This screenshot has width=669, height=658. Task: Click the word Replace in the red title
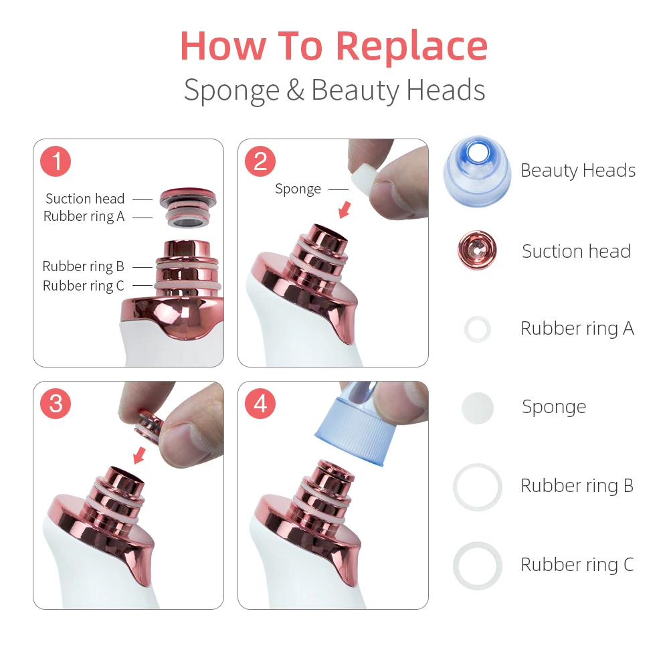pos(411,48)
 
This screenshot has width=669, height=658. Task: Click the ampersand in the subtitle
pos(295,90)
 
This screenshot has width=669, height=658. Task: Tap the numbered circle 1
pos(56,161)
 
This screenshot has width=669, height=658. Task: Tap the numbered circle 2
pos(260,161)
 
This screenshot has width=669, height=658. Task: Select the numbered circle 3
pos(56,404)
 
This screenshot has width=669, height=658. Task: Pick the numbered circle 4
pos(260,404)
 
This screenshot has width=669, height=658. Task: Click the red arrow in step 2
pos(345,210)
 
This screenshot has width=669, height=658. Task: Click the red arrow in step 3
pos(140,455)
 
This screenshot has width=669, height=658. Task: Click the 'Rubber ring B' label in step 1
pos(83,266)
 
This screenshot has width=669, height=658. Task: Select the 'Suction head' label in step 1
pos(85,199)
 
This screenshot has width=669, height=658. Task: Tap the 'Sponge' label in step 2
pos(298,189)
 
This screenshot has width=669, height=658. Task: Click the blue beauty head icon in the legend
pos(477,171)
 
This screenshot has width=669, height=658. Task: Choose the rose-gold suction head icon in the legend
pos(477,250)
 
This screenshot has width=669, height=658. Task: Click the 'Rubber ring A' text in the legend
pos(577,329)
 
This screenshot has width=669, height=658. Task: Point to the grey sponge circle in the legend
pos(478,408)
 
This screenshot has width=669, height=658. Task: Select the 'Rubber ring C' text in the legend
pos(577,564)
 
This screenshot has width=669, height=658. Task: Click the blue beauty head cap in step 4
pos(353,427)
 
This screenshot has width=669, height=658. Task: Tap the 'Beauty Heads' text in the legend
pos(578,171)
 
